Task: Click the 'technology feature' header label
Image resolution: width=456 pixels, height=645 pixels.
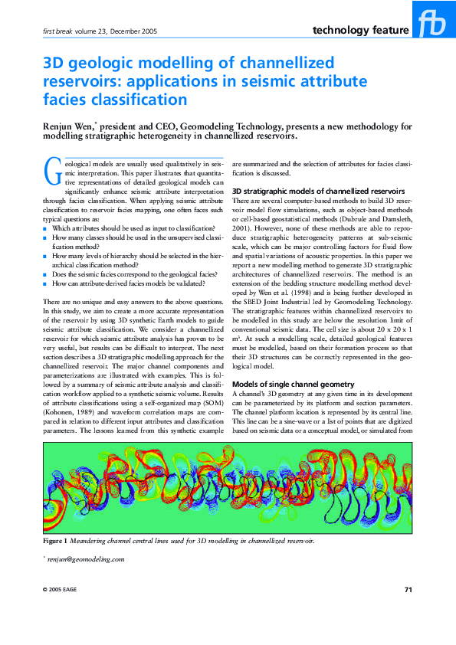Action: (x=360, y=31)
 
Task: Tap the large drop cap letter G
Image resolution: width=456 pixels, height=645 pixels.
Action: (x=52, y=173)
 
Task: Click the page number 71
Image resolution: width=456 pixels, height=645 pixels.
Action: (x=408, y=589)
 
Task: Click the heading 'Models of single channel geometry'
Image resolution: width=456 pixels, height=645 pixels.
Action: (x=293, y=383)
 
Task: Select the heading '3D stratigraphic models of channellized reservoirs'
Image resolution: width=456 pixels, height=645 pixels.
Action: (x=318, y=190)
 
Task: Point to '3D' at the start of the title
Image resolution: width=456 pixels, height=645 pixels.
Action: (x=54, y=63)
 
